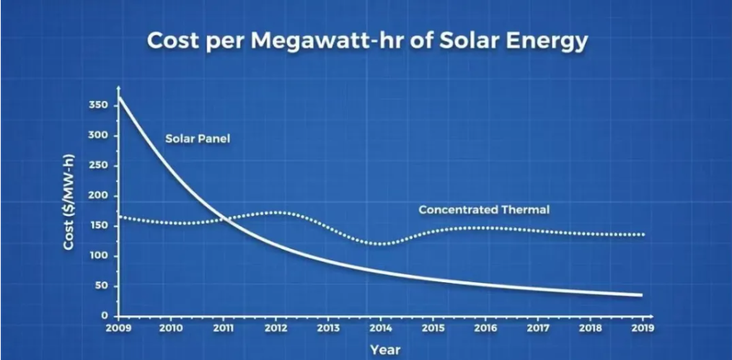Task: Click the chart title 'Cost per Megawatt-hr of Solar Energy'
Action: pyautogui.click(x=367, y=41)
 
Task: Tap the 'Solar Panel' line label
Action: pyautogui.click(x=198, y=138)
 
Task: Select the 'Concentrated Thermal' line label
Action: pyautogui.click(x=484, y=210)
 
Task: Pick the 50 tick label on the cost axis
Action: pyautogui.click(x=102, y=286)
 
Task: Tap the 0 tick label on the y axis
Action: pyautogui.click(x=105, y=316)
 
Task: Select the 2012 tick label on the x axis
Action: pyautogui.click(x=275, y=328)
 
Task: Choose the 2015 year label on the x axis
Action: pyautogui.click(x=433, y=328)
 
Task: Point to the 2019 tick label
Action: pyautogui.click(x=642, y=328)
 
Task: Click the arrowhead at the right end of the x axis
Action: pyautogui.click(x=651, y=316)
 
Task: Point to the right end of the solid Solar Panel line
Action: pyautogui.click(x=640, y=294)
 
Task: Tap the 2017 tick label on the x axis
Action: pyautogui.click(x=538, y=328)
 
